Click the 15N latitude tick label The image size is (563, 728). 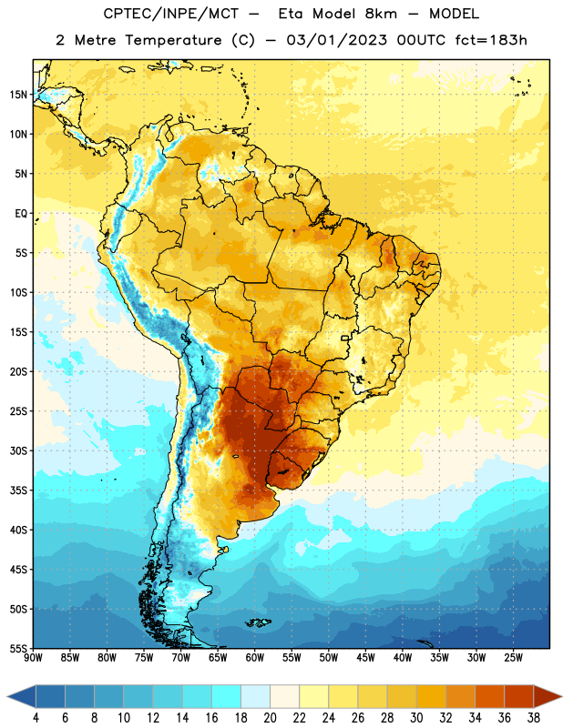pos(19,95)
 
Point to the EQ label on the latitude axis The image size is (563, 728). pos(21,214)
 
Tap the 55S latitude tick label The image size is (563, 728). pos(18,649)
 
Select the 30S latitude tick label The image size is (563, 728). pos(18,450)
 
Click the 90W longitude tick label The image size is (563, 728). pos(33,658)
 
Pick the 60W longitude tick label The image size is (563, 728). pos(255,658)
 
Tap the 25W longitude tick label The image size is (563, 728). pos(513,658)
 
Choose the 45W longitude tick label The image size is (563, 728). pos(365,658)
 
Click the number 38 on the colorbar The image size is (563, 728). pos(534,718)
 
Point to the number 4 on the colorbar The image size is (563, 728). pos(36,718)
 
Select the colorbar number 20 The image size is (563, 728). pos(270,718)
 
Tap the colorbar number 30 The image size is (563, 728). pos(416,718)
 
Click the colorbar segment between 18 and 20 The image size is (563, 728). pos(255,696)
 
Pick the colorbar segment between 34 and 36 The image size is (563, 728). pos(489,696)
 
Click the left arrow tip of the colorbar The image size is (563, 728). pos(7,696)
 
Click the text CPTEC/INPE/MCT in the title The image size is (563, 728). pos(171,14)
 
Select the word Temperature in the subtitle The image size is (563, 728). pos(173,40)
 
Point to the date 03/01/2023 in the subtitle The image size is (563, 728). pos(336,40)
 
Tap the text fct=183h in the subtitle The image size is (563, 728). pos(491,40)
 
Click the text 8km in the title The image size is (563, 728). pos(381,14)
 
